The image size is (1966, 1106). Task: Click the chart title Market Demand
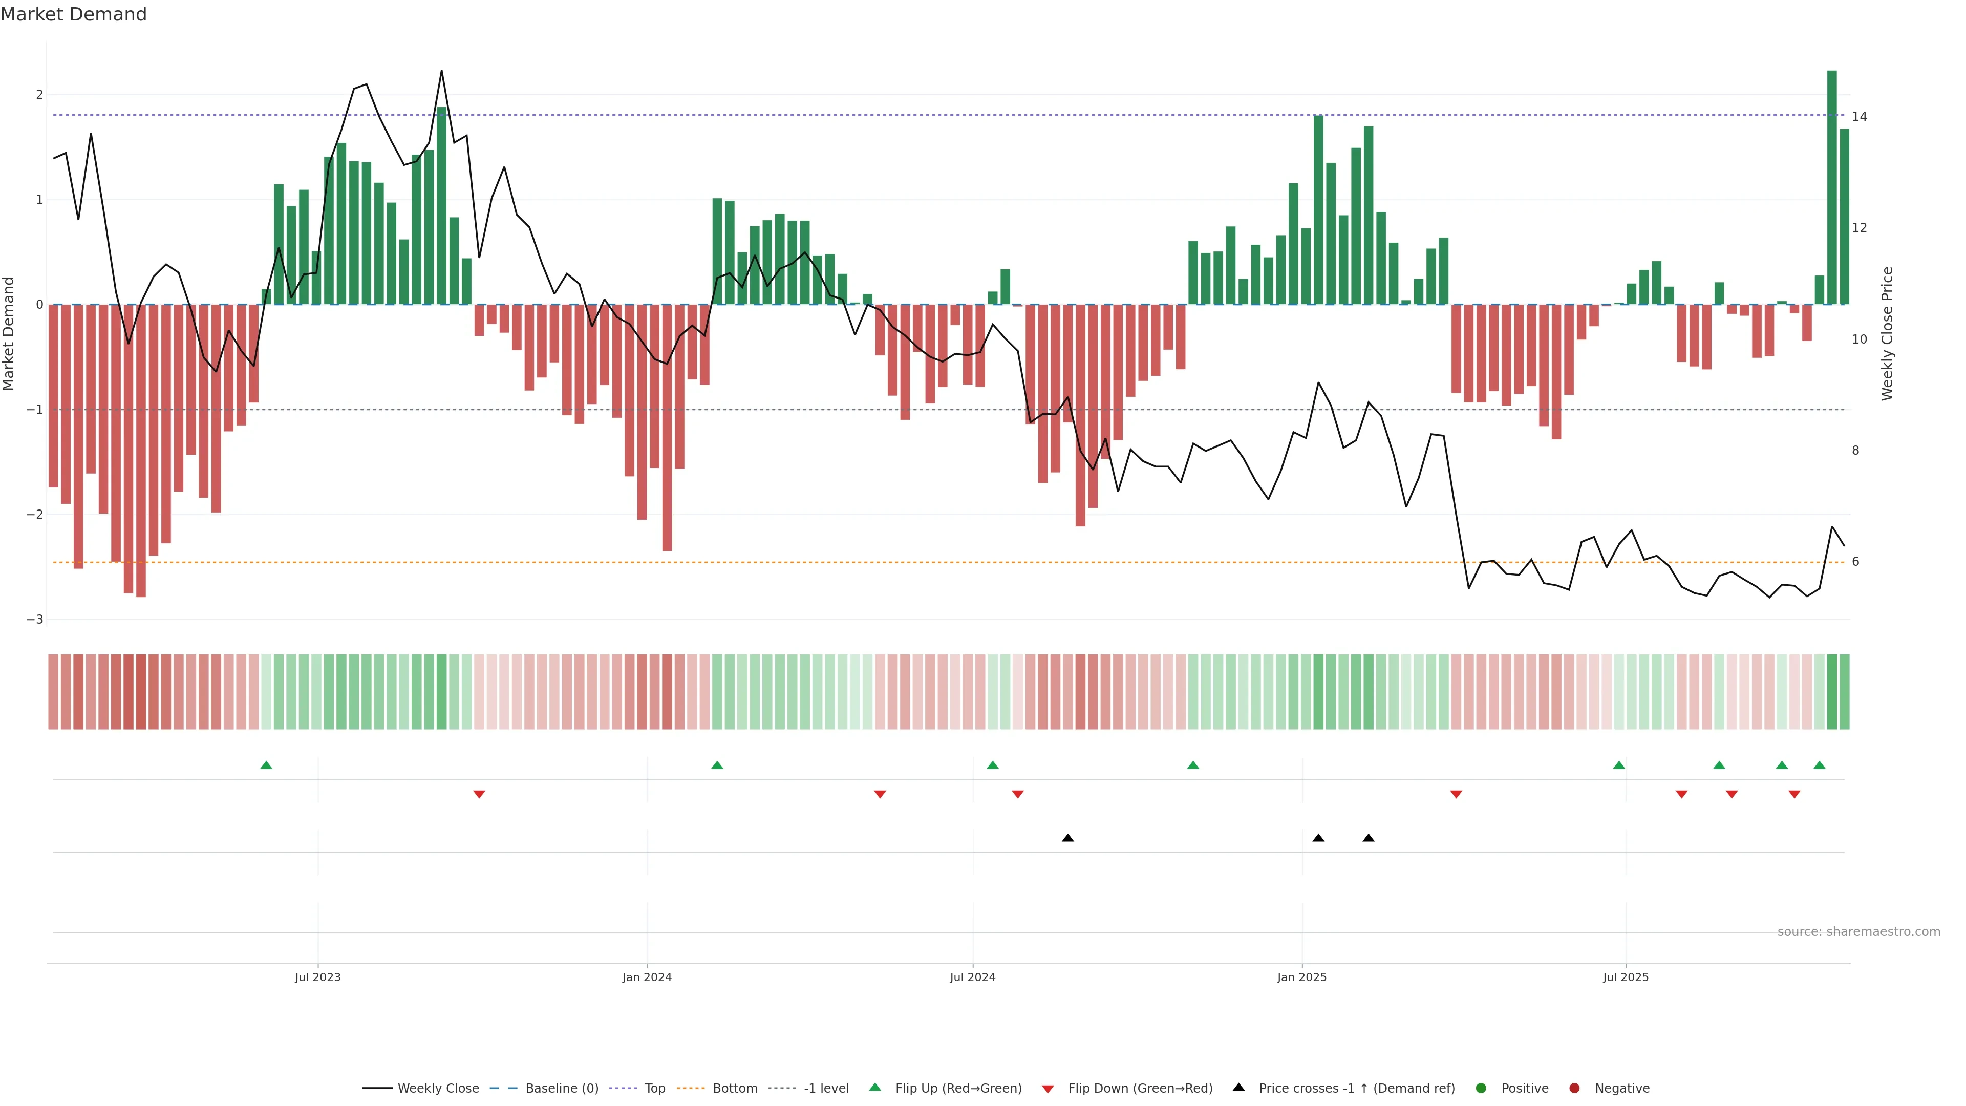pos(73,14)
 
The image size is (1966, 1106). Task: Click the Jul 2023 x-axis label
pos(317,977)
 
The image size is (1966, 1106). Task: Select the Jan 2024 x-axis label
pos(647,977)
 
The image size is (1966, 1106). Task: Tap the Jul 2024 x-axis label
pos(972,977)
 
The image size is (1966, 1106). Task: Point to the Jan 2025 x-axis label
pos(1301,977)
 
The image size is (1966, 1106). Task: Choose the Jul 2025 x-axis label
pos(1626,977)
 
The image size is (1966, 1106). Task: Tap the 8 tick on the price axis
pos(1855,451)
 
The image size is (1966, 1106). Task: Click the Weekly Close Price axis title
pos(1887,333)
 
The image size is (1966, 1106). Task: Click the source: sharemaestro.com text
pos(1858,932)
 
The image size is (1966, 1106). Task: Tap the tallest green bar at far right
pos(1832,187)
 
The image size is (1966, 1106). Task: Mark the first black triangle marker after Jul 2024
pos(1067,838)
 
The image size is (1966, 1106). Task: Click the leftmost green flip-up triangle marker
pos(266,765)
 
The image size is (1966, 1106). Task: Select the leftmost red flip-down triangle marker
pos(479,795)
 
